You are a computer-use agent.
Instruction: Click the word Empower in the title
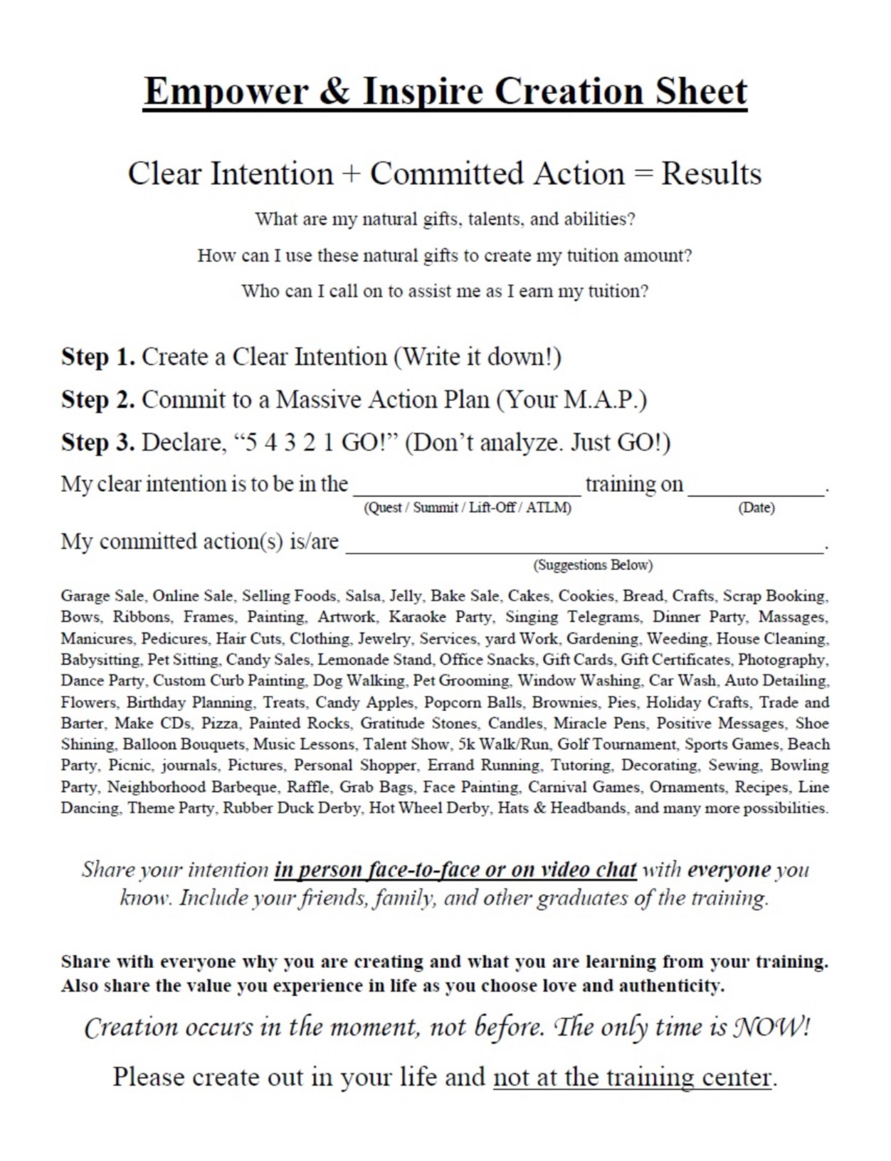point(226,92)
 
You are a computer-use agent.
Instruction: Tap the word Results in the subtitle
point(711,174)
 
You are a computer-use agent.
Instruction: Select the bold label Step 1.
point(97,357)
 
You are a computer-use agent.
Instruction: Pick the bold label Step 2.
point(97,399)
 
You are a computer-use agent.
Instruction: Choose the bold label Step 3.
point(97,442)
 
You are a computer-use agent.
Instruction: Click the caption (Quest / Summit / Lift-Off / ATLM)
point(467,508)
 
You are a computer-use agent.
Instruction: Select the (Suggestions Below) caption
point(592,565)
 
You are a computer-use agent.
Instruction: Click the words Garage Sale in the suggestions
point(102,596)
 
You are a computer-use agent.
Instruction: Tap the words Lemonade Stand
point(374,660)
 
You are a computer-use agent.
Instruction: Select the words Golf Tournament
point(616,745)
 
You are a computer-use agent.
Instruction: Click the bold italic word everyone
point(729,870)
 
